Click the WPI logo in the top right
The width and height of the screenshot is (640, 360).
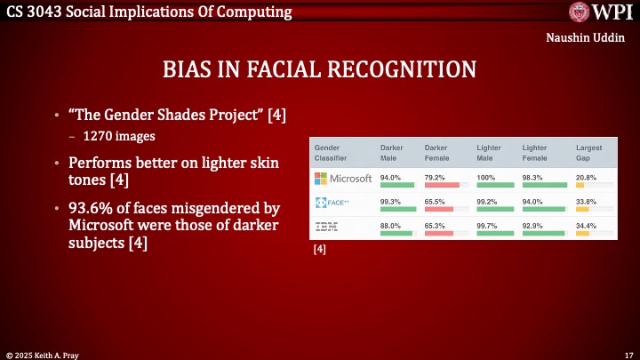click(x=601, y=12)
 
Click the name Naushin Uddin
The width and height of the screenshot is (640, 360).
click(x=590, y=38)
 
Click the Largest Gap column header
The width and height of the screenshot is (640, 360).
click(x=588, y=152)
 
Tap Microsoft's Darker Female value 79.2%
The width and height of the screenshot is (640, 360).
click(x=436, y=178)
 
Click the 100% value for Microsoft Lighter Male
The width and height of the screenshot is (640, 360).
click(x=484, y=178)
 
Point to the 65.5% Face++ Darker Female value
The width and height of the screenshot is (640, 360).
click(x=436, y=202)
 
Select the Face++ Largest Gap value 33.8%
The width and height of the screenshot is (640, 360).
click(x=587, y=202)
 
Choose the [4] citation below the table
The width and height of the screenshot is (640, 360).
click(x=320, y=251)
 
